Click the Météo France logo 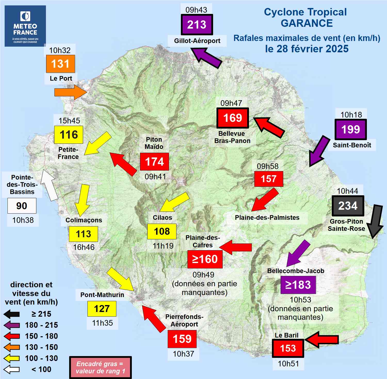[x=25, y=26]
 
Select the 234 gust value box [x=348, y=206]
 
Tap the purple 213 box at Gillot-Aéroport [x=197, y=25]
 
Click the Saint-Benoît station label [x=352, y=145]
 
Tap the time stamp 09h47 [x=231, y=103]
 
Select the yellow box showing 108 [x=162, y=231]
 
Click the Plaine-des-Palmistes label [x=267, y=218]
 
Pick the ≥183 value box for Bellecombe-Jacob [x=298, y=285]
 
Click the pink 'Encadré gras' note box [x=100, y=367]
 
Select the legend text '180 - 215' [x=41, y=325]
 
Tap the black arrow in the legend [x=12, y=314]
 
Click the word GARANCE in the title [x=307, y=23]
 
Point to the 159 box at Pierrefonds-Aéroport [x=182, y=339]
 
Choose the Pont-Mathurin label [x=102, y=295]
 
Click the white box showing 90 [x=22, y=206]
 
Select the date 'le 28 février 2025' [x=307, y=49]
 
